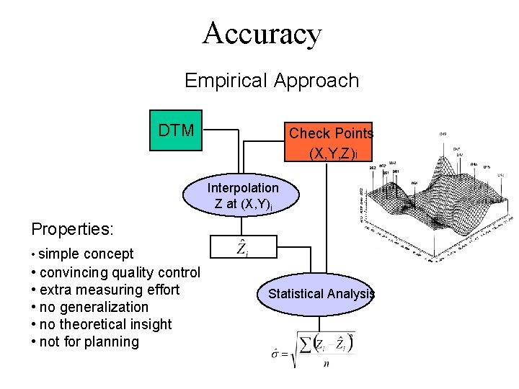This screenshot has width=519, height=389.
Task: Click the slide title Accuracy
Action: (x=262, y=33)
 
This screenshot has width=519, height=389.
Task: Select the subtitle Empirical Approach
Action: (x=272, y=80)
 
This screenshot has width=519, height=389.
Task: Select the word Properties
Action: (x=72, y=229)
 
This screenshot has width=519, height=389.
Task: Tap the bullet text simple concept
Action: (x=85, y=254)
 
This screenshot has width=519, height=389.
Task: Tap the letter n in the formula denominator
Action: (x=326, y=363)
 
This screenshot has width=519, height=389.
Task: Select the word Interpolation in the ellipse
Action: (x=243, y=188)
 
